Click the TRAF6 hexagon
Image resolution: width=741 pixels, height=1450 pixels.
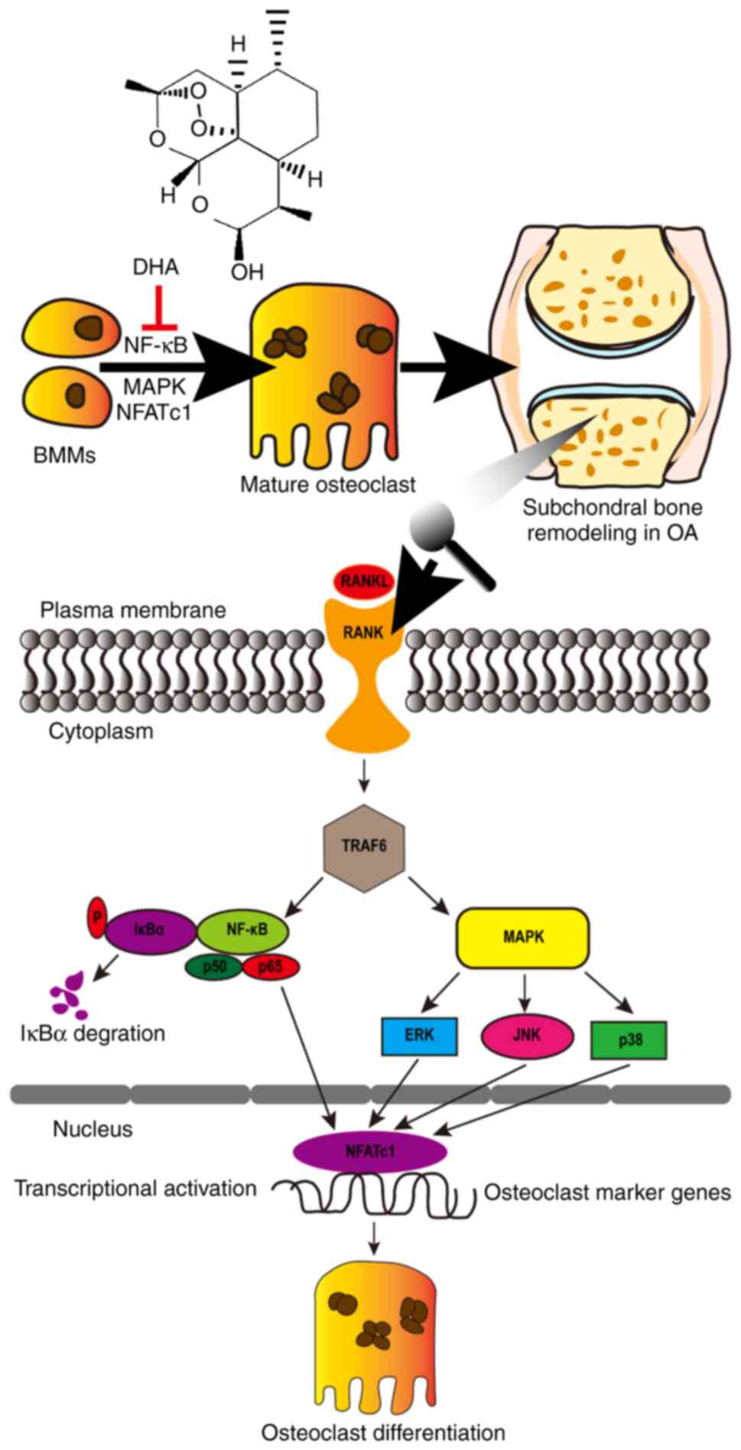coord(365,848)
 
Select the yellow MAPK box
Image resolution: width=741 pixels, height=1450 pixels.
coord(523,937)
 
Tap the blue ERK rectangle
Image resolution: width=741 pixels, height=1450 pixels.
coord(419,1036)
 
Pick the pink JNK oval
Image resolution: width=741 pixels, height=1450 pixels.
coord(527,1036)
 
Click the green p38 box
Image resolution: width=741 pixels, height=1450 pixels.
coord(629,1040)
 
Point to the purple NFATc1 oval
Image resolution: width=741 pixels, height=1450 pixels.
coord(370,1150)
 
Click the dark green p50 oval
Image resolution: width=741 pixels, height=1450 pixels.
coord(213,967)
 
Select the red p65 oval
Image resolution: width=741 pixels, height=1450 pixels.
coord(271,967)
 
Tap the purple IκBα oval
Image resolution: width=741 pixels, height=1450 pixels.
coord(150,930)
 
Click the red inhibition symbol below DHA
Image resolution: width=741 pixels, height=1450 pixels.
coord(159,312)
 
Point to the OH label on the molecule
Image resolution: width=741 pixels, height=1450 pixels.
coord(247,271)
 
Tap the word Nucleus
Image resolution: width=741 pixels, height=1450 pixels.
coord(93,1129)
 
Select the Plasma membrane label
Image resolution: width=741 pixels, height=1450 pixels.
coord(133,610)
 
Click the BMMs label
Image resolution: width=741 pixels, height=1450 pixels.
coord(65,456)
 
